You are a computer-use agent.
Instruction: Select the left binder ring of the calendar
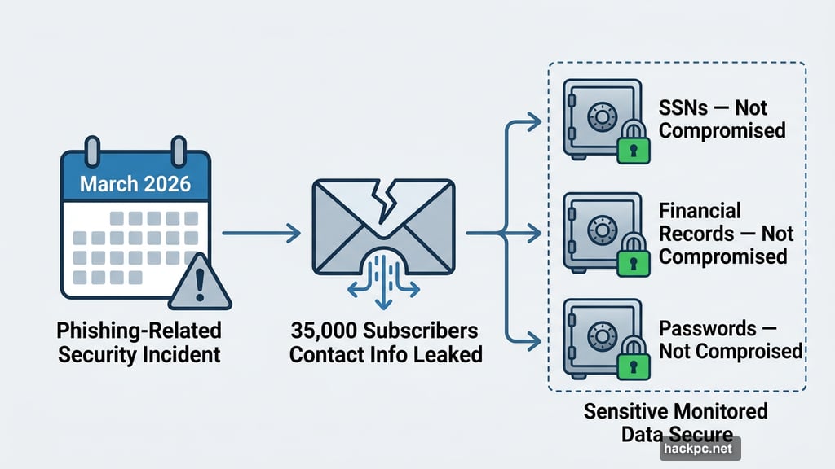click(92, 150)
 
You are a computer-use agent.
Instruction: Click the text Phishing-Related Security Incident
click(138, 343)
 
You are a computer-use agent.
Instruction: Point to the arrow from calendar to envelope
click(261, 234)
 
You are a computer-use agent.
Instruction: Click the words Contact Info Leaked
click(386, 355)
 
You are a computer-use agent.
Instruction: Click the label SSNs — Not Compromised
click(722, 119)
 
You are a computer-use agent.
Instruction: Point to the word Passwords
click(707, 329)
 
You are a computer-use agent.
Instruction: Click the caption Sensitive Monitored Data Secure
click(676, 422)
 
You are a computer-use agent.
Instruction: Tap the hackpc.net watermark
click(697, 448)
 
